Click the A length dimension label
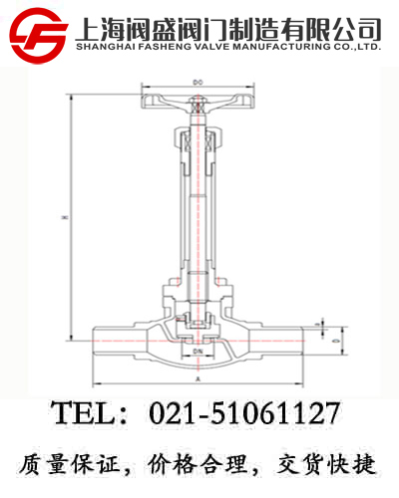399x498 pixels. [x=198, y=378]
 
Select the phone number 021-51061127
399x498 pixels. [x=244, y=412]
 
